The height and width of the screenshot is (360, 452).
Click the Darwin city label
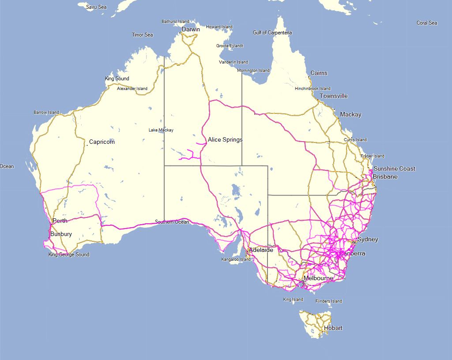coord(191,30)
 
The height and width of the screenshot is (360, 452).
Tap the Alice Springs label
coord(225,140)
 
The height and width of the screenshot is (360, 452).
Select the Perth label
coord(60,221)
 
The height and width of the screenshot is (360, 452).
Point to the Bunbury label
coord(61,234)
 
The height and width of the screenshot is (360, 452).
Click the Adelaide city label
coord(261,250)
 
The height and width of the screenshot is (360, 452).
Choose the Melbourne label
coord(318,278)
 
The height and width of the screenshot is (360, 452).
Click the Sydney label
coord(368,240)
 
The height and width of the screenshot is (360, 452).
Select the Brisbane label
coord(385,177)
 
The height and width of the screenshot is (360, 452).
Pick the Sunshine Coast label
coord(394,169)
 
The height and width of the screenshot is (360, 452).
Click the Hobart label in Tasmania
coord(333,328)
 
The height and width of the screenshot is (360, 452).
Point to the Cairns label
coord(319,73)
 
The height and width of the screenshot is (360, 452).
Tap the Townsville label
coord(334,96)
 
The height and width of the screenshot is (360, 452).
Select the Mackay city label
coord(350,115)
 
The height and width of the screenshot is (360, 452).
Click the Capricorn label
coord(102,142)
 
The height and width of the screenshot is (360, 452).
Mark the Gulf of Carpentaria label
coord(272,33)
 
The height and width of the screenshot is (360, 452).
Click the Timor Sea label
coord(143,35)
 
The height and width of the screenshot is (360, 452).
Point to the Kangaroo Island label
coord(236,259)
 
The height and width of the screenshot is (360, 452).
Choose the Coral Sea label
coord(427,23)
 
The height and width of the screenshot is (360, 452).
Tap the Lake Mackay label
coord(161,130)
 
